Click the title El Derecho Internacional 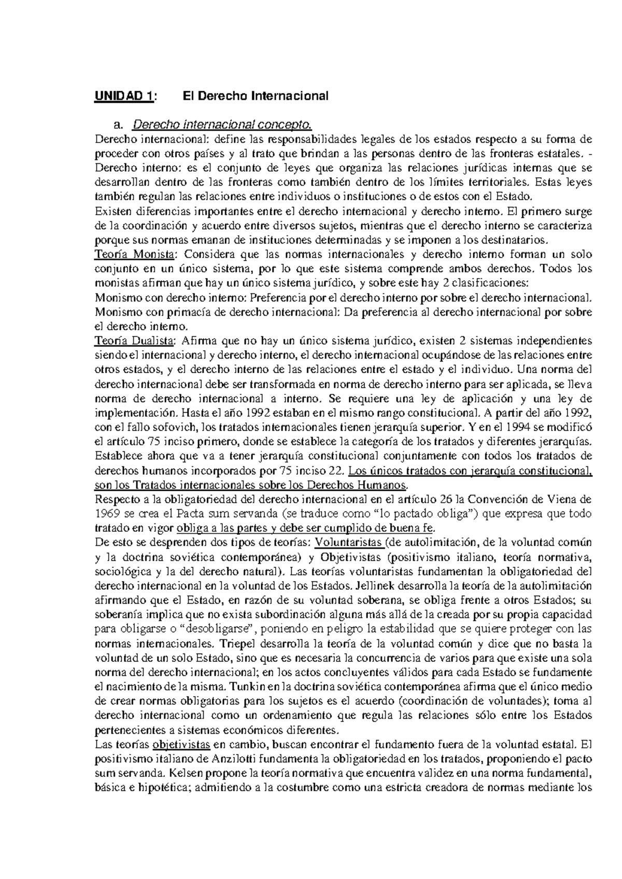tap(256, 96)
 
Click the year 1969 tap(106, 514)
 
